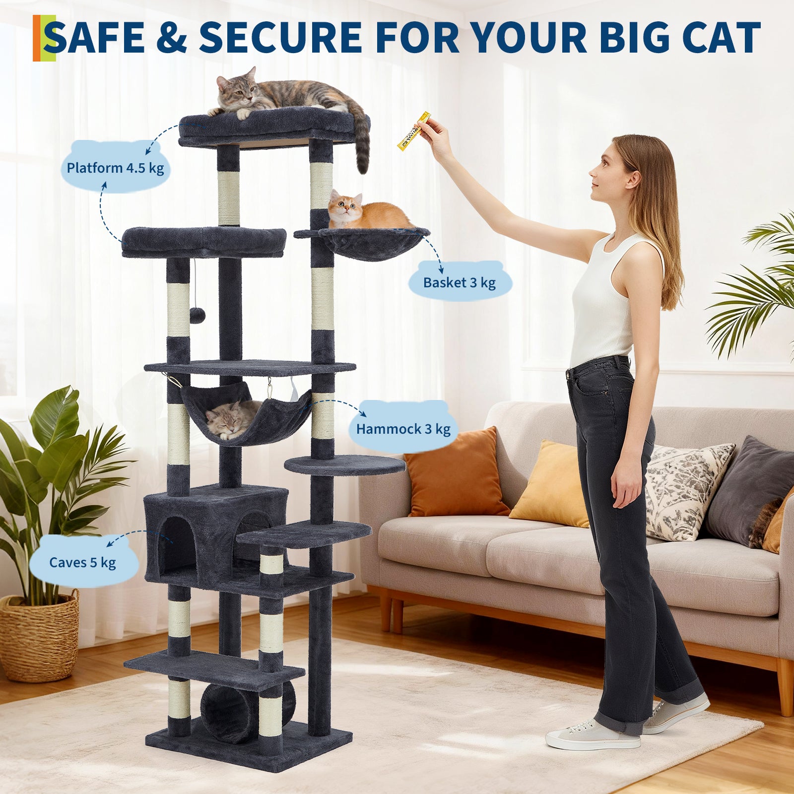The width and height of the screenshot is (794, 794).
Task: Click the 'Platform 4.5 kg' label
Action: pos(115,168)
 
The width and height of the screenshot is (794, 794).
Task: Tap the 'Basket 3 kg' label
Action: pos(459,282)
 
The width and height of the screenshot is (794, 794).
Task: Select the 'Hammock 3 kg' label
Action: pos(403,429)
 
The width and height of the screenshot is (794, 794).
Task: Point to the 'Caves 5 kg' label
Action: pos(82,562)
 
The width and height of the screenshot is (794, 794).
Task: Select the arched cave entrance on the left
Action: pos(177,543)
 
